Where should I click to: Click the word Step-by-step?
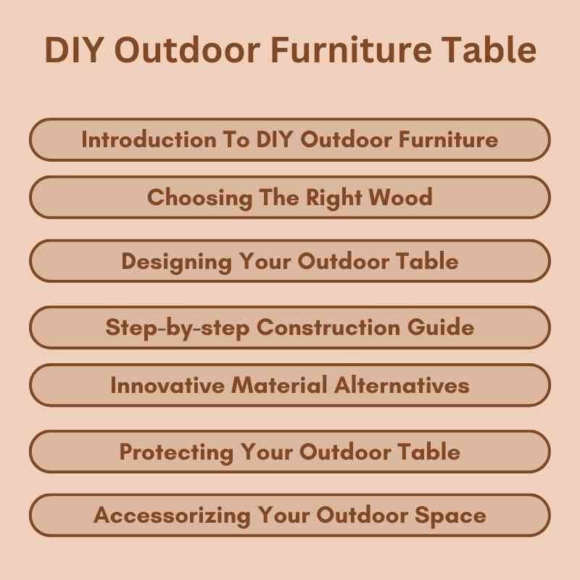178,327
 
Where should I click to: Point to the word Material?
280,385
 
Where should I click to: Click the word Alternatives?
402,385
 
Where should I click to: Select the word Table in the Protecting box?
431,452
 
